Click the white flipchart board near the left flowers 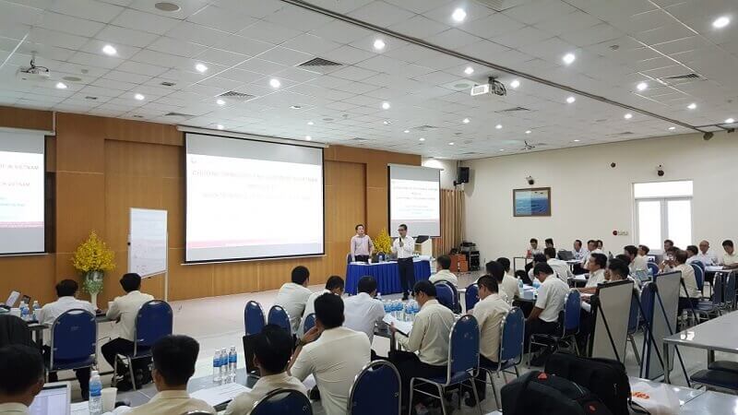tap(148, 242)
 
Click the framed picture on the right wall tap(531, 201)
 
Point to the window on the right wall tap(661, 214)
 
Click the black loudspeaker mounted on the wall tap(463, 174)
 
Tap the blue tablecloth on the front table tap(387, 275)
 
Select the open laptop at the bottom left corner tap(50, 399)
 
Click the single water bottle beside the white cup tap(95, 392)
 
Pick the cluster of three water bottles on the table tap(224, 364)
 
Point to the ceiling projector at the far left tap(34, 67)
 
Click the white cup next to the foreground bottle tap(110, 398)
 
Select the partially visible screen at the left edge tap(21, 191)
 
